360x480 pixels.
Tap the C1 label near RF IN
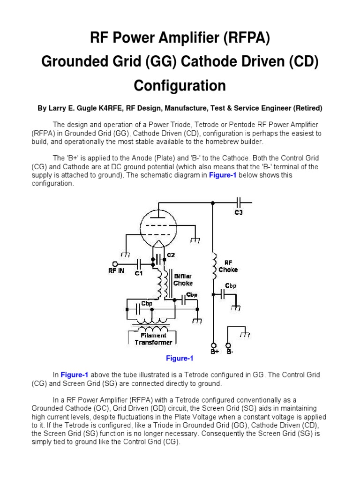pos(139,273)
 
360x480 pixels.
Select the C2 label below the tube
pos(171,255)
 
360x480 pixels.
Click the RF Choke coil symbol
pos(213,268)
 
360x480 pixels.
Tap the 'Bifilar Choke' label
pos(183,280)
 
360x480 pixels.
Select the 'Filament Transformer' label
pos(153,339)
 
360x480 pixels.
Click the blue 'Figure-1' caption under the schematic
pos(180,359)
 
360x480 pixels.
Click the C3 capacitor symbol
pos(239,202)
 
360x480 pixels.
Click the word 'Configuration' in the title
pos(180,86)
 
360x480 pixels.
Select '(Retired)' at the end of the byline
pos(307,108)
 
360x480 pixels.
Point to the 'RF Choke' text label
pos(228,266)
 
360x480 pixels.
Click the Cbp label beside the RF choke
pos(231,285)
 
